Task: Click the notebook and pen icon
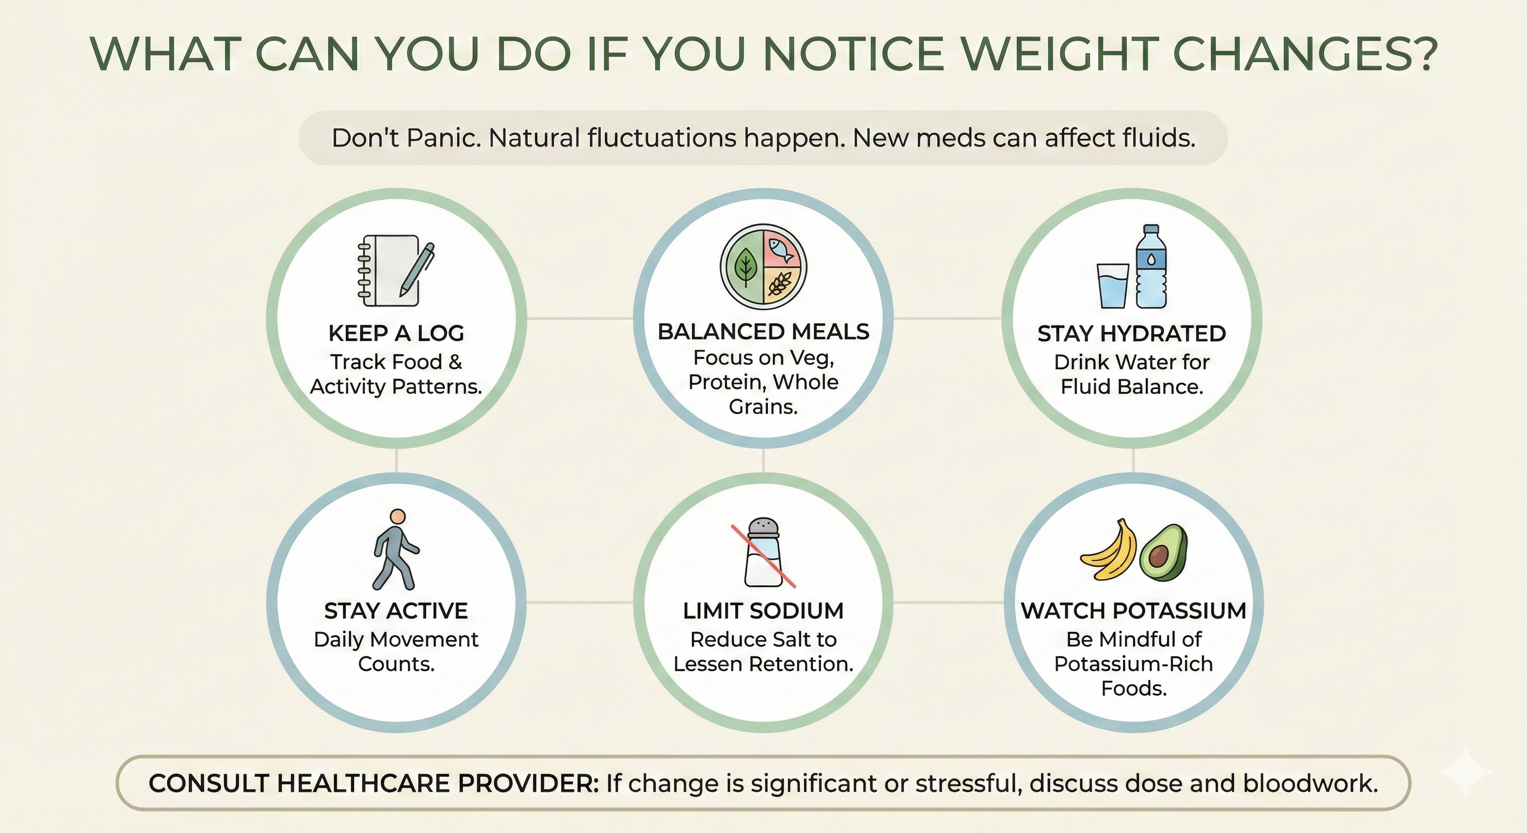(x=396, y=271)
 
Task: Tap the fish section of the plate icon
(x=783, y=248)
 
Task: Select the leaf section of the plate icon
(x=742, y=268)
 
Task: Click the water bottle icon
(x=1151, y=266)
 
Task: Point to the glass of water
(x=1113, y=286)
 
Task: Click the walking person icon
(x=395, y=548)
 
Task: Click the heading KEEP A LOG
(x=396, y=333)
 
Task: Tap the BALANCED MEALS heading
(x=763, y=331)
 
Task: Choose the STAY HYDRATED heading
(x=1132, y=334)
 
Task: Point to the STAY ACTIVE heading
(x=396, y=611)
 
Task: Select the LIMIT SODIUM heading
(x=763, y=611)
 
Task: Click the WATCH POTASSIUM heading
(x=1133, y=611)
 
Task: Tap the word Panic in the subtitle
(x=444, y=138)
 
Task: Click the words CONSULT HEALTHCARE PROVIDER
(x=374, y=783)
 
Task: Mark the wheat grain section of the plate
(x=782, y=286)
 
